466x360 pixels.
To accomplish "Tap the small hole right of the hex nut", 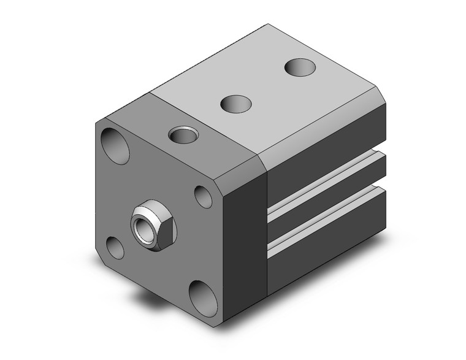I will [204, 196].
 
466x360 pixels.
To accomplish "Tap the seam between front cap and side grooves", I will [268, 227].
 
